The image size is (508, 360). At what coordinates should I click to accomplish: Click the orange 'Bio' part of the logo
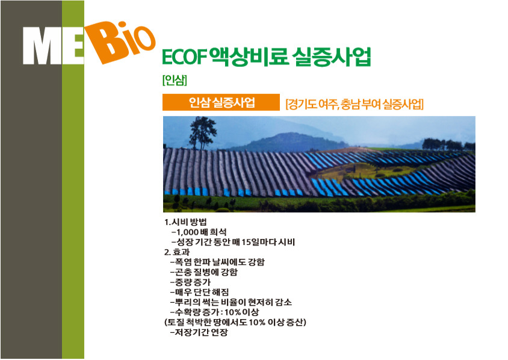coord(120,42)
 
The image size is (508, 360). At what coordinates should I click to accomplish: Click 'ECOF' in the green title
coord(184,57)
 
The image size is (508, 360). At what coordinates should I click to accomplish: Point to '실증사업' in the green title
coord(331,57)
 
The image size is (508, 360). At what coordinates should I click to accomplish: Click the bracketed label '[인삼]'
coord(175,79)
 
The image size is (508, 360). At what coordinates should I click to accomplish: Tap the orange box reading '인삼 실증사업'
coord(221,102)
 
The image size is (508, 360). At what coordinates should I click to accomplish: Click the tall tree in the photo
coord(203,133)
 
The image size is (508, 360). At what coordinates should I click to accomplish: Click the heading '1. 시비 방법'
coord(185,222)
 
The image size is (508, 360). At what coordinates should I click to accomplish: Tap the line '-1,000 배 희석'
coord(199,232)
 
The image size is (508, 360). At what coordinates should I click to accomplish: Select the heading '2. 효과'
coord(177,252)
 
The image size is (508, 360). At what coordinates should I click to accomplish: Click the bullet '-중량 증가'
coord(190,282)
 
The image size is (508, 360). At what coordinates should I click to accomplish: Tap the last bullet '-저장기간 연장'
coord(199,332)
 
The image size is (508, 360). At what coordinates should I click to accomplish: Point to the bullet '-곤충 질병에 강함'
coord(204,272)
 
